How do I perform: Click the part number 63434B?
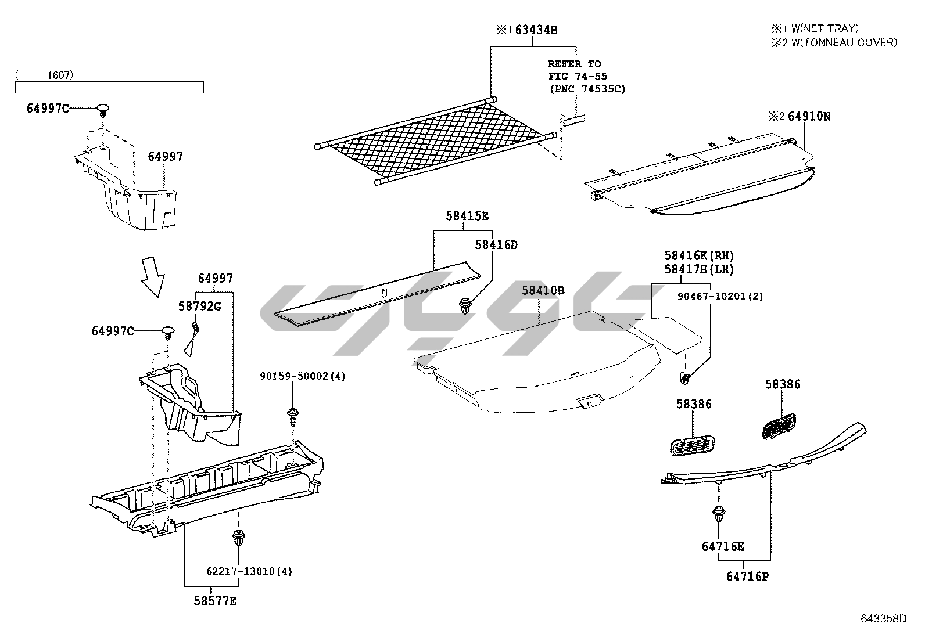coord(536,30)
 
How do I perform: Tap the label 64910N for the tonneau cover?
coord(808,117)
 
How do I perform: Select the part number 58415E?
coord(467,217)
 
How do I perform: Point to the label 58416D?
coord(496,245)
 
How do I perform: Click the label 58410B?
coord(543,290)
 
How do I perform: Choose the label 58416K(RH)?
coord(700,255)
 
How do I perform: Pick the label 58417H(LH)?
coord(700,269)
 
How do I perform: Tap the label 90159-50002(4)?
coord(302,376)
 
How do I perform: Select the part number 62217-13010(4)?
coord(249,571)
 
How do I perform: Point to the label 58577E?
coord(215,601)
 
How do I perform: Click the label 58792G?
coord(200,307)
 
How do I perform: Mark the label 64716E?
coord(723,546)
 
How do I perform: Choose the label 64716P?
coord(747,576)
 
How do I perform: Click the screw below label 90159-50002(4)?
coord(293,416)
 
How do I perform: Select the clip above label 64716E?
coord(719,514)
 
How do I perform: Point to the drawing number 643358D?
coord(883,618)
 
